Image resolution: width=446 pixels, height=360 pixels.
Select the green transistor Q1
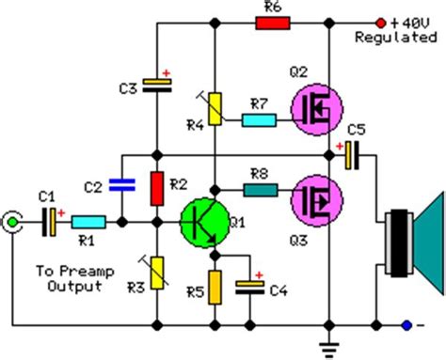tap(204, 223)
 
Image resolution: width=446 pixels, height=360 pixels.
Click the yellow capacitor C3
tap(158, 86)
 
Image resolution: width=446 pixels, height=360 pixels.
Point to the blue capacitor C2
tap(119, 187)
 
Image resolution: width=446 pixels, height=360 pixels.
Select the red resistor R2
tap(158, 187)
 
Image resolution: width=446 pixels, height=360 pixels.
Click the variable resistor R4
tap(215, 108)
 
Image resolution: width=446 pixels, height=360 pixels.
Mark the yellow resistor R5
tap(215, 285)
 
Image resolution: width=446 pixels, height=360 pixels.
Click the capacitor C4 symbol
tap(250, 286)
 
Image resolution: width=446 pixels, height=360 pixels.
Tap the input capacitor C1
tap(48, 223)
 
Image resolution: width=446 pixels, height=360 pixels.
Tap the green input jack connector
tap(12, 223)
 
